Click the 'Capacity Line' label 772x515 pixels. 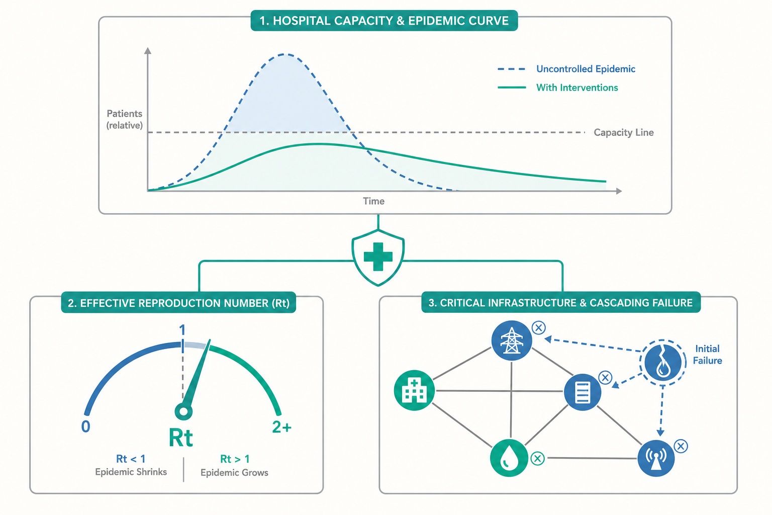(623, 132)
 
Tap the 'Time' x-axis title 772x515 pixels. (373, 201)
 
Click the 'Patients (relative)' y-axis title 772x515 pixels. (125, 119)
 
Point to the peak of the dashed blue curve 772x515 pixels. (285, 54)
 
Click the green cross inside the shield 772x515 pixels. (378, 256)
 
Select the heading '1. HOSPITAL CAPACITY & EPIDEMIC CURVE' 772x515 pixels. (384, 21)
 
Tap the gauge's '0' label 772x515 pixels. (86, 426)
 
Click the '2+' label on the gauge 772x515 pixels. (281, 427)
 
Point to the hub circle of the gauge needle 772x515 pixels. (183, 411)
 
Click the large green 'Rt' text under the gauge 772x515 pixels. (180, 438)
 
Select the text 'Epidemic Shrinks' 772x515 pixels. (131, 472)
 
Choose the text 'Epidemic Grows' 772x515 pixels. (234, 473)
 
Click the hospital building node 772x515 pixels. (414, 390)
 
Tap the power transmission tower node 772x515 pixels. (512, 340)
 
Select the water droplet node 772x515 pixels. (509, 458)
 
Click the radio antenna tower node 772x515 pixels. (656, 458)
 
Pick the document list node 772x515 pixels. (583, 392)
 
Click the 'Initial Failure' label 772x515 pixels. (707, 355)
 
